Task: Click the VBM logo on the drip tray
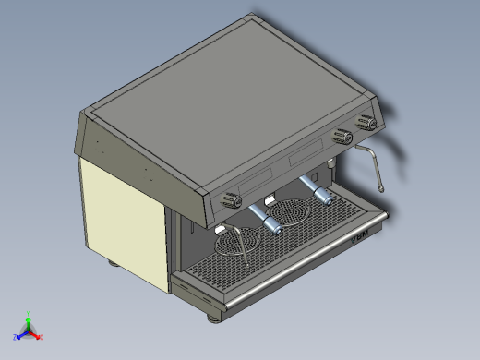(x=359, y=236)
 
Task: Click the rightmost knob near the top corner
(x=367, y=122)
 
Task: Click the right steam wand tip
(x=380, y=188)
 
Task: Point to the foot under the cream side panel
(x=114, y=266)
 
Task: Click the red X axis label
(x=42, y=338)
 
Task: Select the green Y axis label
(x=29, y=314)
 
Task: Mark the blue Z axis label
(x=16, y=337)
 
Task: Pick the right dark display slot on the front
(x=307, y=158)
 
